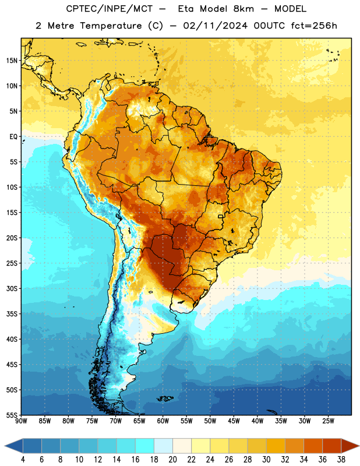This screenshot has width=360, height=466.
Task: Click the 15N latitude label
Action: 12,61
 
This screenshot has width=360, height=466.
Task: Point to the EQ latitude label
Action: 13,137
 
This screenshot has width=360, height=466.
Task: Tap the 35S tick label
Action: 12,314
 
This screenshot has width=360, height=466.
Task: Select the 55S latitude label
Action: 12,415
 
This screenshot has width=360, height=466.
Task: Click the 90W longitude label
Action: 21,421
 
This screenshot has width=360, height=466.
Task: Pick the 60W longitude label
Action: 163,421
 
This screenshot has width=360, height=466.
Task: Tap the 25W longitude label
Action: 328,421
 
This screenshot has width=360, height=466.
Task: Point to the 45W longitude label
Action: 234,421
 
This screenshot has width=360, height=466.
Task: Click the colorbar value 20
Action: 172,460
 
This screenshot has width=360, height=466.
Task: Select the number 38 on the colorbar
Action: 341,460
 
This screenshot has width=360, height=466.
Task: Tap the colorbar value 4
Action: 23,460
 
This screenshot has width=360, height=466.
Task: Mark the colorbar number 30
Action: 266,460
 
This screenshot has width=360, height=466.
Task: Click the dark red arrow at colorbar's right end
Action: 350,446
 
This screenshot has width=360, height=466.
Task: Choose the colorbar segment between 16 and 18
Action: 144,446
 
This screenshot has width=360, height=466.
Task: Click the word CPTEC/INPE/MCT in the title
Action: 109,9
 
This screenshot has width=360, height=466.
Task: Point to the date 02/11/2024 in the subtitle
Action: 215,26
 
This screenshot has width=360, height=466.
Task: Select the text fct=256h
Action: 314,26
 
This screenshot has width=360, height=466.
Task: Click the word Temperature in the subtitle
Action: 111,26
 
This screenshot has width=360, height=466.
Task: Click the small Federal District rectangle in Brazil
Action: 221,216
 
